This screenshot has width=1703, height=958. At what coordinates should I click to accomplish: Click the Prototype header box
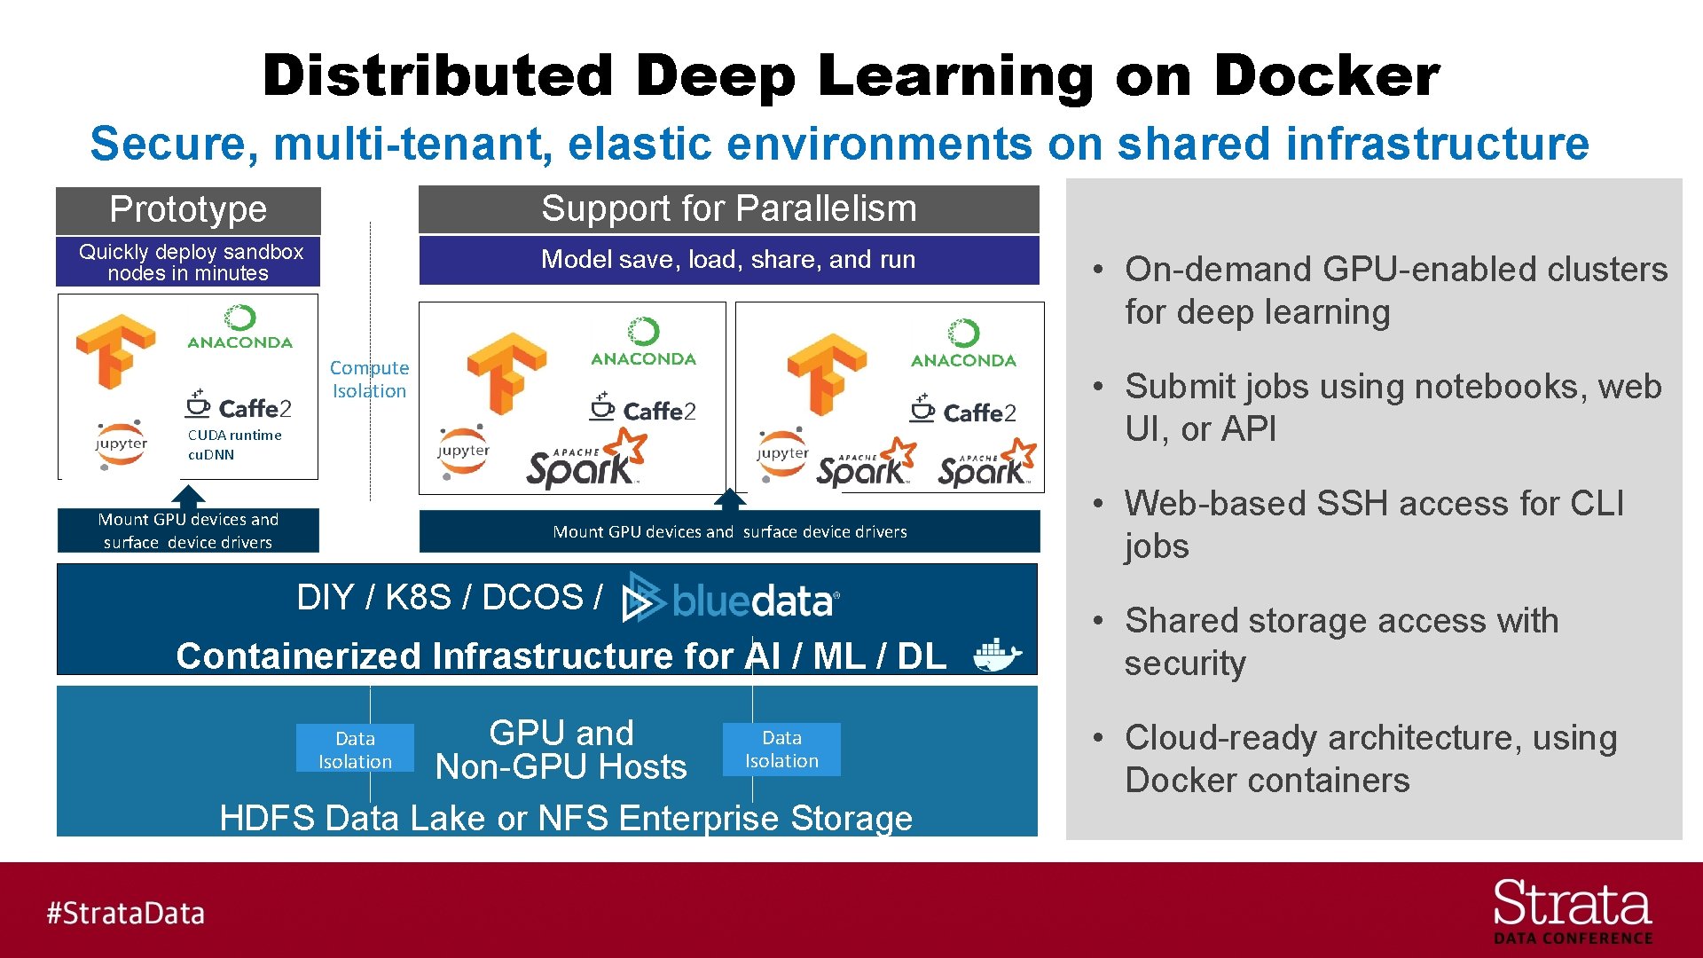pos(188,210)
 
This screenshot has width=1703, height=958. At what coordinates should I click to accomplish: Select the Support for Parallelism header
pos(728,209)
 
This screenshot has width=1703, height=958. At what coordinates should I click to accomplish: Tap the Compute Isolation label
pos(369,379)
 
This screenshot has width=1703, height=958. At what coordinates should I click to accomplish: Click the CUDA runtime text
pos(234,435)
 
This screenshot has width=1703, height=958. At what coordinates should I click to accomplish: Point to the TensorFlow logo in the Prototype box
pos(115,350)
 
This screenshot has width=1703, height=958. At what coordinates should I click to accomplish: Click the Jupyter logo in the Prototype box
pos(122,444)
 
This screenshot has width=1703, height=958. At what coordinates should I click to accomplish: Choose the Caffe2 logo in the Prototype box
pos(239,406)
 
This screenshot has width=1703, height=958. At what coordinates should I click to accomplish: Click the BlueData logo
pos(731,601)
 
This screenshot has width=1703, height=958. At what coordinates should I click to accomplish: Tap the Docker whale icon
pos(997,656)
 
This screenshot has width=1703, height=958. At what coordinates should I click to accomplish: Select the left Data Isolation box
pos(355,749)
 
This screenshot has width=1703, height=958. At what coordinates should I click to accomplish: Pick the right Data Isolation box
pos(781,749)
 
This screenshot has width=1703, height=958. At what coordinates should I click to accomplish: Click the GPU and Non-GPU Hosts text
pos(561,750)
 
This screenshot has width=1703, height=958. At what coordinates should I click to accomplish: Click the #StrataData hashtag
pos(125,913)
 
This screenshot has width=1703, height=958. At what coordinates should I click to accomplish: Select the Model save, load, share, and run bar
pos(728,260)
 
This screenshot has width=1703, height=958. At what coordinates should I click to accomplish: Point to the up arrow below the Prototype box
pos(188,495)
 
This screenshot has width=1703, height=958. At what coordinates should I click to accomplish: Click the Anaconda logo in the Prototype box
pos(239,327)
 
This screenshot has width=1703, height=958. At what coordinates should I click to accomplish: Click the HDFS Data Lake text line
pos(565,818)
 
